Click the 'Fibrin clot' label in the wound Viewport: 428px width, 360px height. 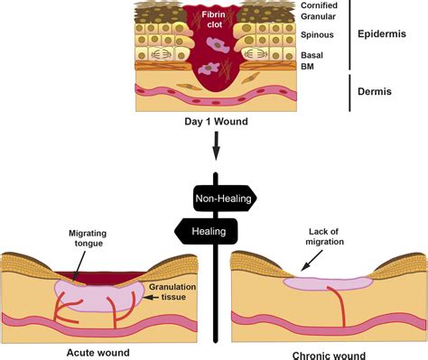213,20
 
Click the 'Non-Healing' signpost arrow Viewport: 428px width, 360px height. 225,198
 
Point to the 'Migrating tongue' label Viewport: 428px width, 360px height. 93,238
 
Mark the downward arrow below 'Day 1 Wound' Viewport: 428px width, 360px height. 216,144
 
